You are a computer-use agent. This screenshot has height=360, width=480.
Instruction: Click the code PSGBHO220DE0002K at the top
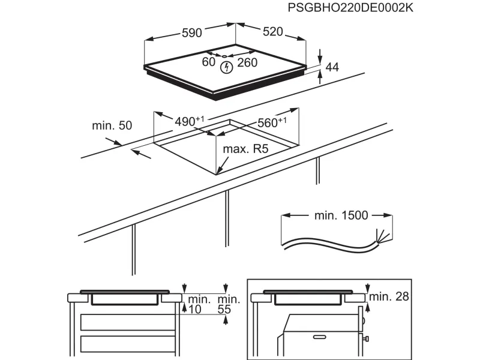(x=350, y=8)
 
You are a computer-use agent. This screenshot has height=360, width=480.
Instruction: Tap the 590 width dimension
(x=191, y=33)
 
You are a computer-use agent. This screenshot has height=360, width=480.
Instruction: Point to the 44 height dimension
(x=332, y=68)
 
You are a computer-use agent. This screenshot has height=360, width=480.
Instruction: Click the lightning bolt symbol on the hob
(x=226, y=67)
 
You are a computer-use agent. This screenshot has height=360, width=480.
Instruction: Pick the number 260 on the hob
(x=247, y=62)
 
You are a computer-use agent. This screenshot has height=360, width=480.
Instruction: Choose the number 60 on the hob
(x=208, y=62)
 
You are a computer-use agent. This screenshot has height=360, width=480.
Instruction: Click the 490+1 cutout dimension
(x=190, y=121)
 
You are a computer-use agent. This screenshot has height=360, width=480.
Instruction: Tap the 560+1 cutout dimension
(x=272, y=122)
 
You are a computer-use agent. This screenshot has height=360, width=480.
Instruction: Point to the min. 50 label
(x=112, y=125)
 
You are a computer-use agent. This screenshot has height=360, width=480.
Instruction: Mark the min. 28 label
(x=389, y=296)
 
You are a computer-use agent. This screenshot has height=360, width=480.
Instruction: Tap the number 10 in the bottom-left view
(x=194, y=309)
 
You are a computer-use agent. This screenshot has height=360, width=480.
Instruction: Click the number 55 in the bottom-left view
(x=225, y=309)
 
